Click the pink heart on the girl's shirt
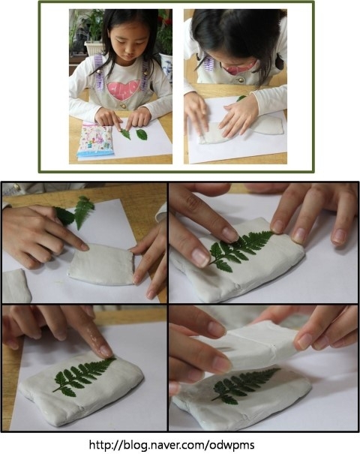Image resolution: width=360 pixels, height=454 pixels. tap(124, 90)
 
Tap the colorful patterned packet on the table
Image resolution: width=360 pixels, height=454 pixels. tap(95, 140)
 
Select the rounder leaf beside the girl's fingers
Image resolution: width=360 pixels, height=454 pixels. tap(142, 134)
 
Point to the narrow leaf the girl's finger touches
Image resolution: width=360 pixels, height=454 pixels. tap(125, 134)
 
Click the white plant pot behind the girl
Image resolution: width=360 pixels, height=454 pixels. tap(93, 48)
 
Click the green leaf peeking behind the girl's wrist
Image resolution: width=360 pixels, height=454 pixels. tap(241, 98)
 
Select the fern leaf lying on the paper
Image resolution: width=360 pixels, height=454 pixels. tap(84, 211)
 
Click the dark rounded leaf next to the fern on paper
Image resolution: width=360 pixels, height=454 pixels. tap(64, 216)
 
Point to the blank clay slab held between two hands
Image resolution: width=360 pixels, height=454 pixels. tap(101, 264)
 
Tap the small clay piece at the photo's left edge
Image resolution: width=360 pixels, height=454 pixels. tap(16, 285)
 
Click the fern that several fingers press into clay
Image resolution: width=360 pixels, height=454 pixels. tap(239, 251)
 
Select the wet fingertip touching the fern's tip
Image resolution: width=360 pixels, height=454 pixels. tap(105, 351)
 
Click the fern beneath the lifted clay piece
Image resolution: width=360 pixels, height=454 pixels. tap(244, 385)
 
